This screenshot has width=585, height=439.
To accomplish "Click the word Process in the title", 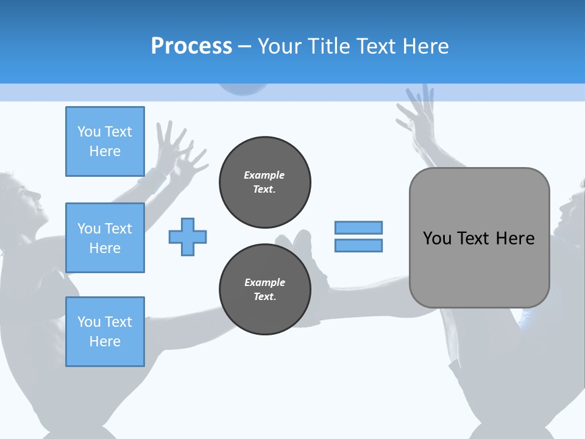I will (191, 46).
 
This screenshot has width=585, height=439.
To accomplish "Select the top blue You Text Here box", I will (105, 141).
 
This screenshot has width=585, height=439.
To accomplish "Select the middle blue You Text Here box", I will (105, 238).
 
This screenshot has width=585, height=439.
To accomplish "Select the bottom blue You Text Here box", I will (105, 332).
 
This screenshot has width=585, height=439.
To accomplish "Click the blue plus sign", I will (188, 237).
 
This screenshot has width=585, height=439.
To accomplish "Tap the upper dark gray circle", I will (264, 182).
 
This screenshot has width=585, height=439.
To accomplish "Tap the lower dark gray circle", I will (264, 290).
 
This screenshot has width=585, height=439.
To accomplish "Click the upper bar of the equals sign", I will (358, 228).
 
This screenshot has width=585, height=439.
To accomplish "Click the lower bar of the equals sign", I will (358, 246).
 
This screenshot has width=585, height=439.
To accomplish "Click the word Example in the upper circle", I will (264, 175).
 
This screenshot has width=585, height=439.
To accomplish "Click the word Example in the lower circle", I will (264, 282).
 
